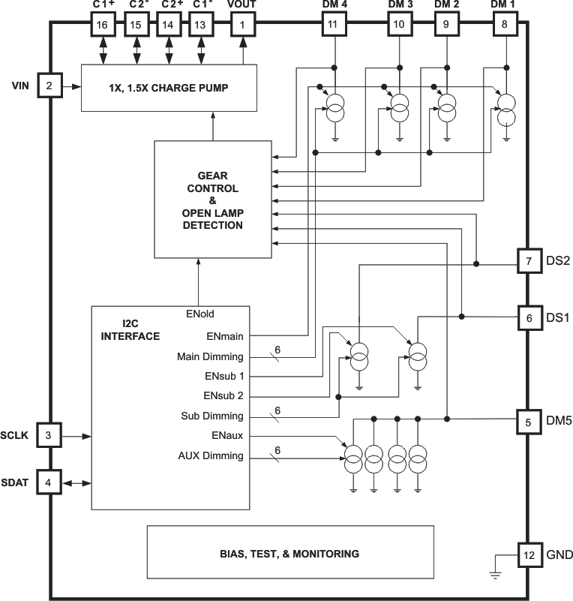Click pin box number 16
click(x=102, y=25)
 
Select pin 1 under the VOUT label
click(x=242, y=25)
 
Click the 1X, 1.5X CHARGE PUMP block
click(x=168, y=88)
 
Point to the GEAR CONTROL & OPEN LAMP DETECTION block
click(x=212, y=200)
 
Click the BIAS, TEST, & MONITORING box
click(x=289, y=554)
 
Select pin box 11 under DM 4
click(x=334, y=25)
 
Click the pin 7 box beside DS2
click(x=529, y=261)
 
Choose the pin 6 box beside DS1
click(x=529, y=318)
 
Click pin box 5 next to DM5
click(x=529, y=422)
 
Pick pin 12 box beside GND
click(x=529, y=555)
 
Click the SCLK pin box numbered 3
click(x=49, y=435)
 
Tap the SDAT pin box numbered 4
click(x=49, y=482)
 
